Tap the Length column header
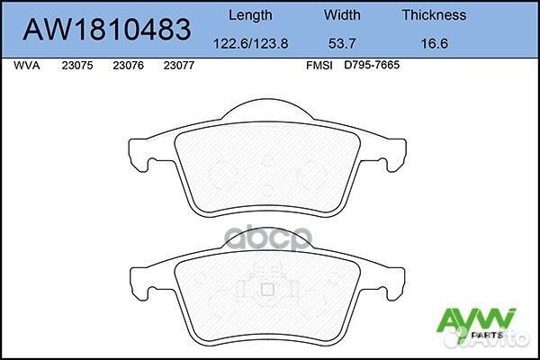pyautogui.click(x=251, y=14)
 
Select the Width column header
pyautogui.click(x=342, y=14)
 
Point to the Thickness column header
pyautogui.click(x=434, y=14)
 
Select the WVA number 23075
pyautogui.click(x=76, y=66)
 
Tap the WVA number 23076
pyautogui.click(x=128, y=66)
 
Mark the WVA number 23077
pyautogui.click(x=179, y=66)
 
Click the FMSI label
pyautogui.click(x=319, y=66)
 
